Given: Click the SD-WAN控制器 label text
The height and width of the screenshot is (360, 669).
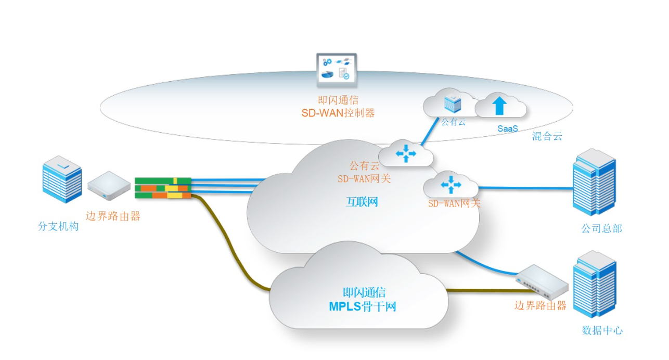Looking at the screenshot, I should (x=338, y=113).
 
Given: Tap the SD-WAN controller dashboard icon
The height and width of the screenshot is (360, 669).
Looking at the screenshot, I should (x=337, y=70).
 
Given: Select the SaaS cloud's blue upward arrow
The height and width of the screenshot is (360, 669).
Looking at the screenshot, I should (x=499, y=105).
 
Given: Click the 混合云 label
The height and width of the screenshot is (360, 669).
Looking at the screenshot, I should (x=547, y=136).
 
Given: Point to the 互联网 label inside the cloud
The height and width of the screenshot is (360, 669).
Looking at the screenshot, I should (x=362, y=202).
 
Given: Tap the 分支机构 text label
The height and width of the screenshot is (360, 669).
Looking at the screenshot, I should (x=58, y=226).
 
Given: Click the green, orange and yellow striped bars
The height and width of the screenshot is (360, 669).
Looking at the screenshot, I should (x=163, y=188).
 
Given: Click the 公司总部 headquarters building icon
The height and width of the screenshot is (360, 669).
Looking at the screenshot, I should (x=594, y=182).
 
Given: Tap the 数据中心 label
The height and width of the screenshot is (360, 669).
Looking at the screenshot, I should (x=602, y=330).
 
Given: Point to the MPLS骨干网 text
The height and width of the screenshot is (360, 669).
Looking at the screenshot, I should (x=362, y=306).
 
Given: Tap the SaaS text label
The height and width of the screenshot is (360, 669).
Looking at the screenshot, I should (x=507, y=128).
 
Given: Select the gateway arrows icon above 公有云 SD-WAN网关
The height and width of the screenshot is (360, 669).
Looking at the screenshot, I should (x=406, y=154).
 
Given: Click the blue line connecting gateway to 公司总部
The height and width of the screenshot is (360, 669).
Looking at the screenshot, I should (x=525, y=188).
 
